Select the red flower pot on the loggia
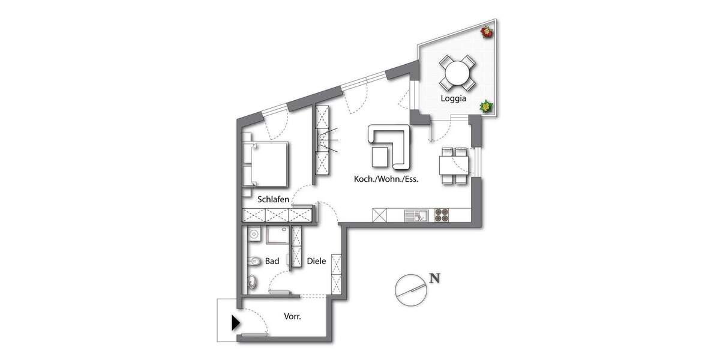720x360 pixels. tap(487, 32)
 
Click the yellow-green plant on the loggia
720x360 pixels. tap(485, 106)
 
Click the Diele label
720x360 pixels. tap(316, 262)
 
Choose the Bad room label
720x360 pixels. tap(272, 262)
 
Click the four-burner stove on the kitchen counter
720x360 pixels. tap(442, 214)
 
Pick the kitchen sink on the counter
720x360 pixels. tap(415, 214)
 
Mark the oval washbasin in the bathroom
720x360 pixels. tap(252, 282)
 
